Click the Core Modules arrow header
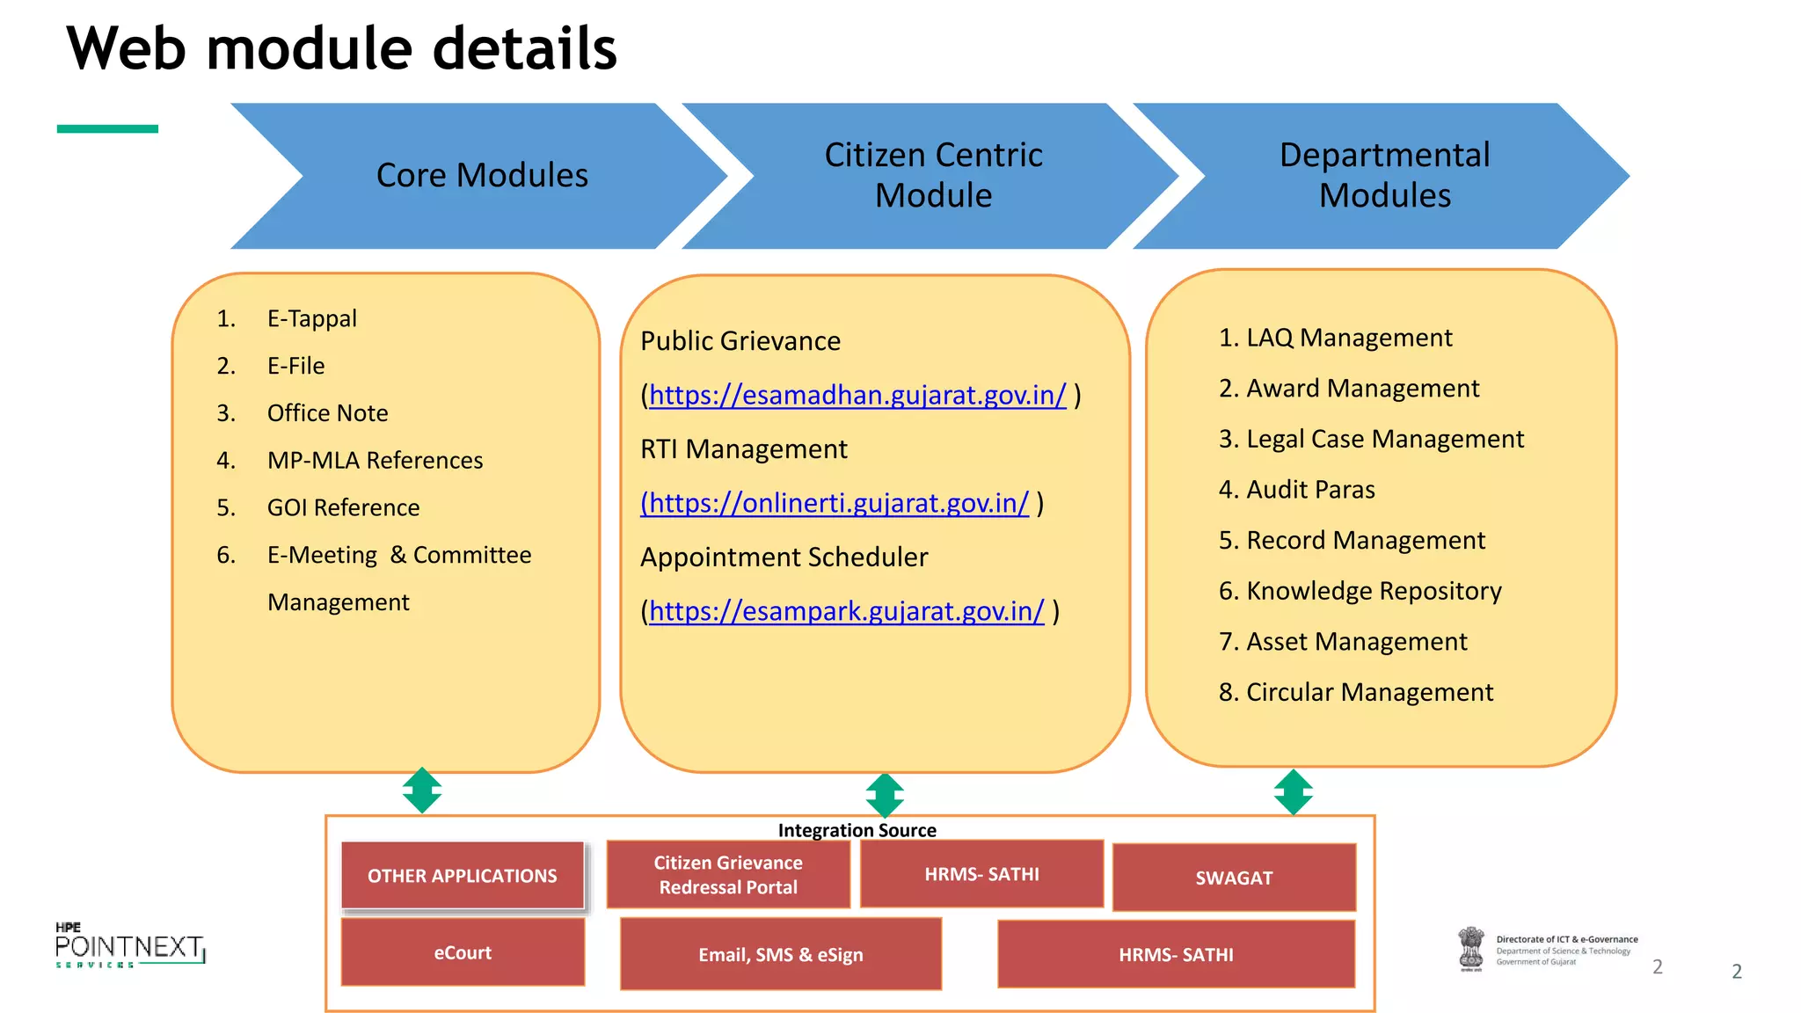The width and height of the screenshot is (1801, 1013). (482, 176)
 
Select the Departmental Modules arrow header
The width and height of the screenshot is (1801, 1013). (1384, 176)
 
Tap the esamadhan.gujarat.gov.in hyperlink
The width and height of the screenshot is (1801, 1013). (857, 395)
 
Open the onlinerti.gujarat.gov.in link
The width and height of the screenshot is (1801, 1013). (835, 503)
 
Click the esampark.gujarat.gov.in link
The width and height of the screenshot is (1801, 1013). (846, 611)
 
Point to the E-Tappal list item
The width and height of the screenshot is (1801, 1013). (311, 318)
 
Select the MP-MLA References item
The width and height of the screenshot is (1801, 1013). (375, 461)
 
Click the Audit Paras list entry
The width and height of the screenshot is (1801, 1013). (1309, 490)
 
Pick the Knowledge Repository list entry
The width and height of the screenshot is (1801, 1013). (1373, 591)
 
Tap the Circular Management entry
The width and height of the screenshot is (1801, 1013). (1368, 693)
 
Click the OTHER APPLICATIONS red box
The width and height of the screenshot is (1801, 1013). (463, 876)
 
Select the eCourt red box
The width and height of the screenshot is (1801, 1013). (463, 953)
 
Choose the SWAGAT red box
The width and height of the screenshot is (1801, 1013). (1234, 878)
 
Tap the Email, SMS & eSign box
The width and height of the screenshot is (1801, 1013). (781, 955)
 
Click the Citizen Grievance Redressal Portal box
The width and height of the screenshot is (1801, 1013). (728, 875)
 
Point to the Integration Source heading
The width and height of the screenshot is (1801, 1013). (857, 830)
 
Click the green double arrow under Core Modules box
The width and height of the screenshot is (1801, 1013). (422, 790)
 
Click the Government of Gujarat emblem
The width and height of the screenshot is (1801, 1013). (1470, 950)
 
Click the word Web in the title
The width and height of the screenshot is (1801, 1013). (127, 48)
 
